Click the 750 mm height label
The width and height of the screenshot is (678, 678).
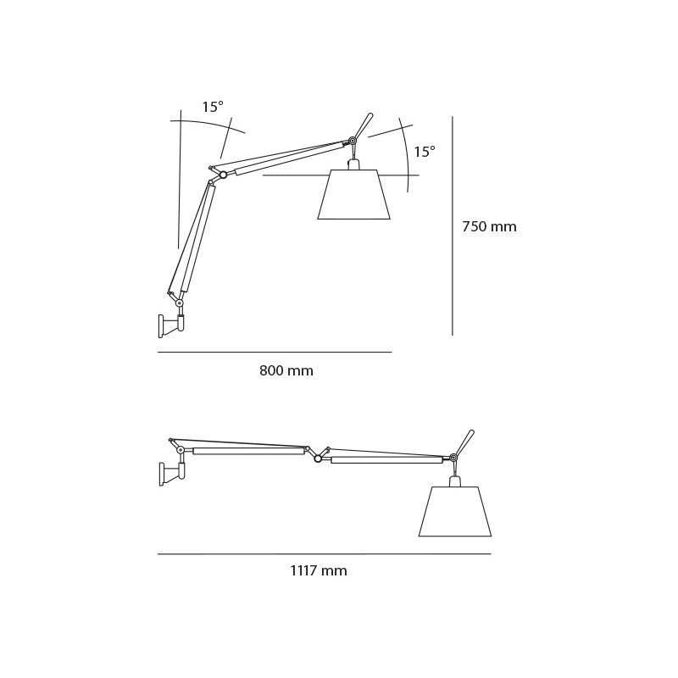pos(489,227)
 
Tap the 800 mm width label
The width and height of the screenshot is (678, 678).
pos(286,371)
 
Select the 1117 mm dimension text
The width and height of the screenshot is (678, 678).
pos(319,571)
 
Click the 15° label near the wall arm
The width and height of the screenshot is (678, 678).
pos(213,108)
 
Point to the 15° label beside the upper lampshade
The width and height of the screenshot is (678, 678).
pos(425,153)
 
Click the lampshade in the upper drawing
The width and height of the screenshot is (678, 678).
pos(354,196)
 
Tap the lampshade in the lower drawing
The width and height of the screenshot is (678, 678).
pos(455,512)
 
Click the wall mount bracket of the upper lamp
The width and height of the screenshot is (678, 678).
pos(169,325)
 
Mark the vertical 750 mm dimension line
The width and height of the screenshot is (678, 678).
pos(453,225)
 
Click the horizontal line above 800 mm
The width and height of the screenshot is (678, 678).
pos(275,352)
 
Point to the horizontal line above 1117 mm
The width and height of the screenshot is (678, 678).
pos(324,554)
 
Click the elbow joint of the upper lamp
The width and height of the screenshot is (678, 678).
pos(223,175)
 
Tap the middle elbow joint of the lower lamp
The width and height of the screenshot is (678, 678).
pos(318,458)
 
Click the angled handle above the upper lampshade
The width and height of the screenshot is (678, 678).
pos(364,125)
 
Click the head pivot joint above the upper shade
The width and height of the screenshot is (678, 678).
pos(353,141)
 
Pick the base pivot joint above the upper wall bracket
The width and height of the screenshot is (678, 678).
pos(180,303)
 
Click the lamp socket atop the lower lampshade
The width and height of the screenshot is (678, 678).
pos(455,481)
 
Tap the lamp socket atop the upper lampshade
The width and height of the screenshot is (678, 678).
pos(354,164)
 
